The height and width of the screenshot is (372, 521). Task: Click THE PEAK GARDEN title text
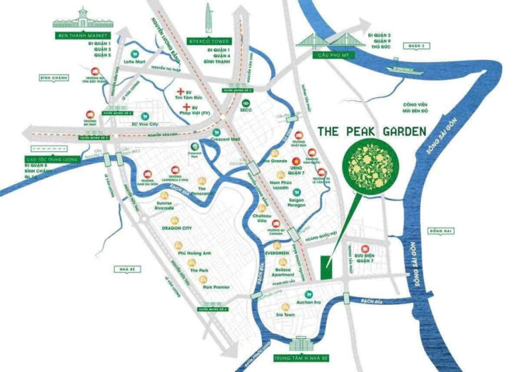click(370, 131)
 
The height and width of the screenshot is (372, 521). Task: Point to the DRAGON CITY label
click(177, 228)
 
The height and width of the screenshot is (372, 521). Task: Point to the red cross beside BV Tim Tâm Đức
click(180, 94)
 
